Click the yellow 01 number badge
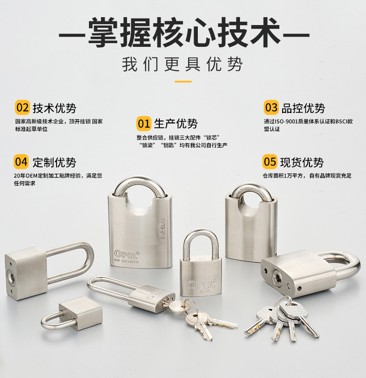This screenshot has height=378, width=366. coord(144,123)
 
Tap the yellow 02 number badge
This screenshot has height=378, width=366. coord(22,108)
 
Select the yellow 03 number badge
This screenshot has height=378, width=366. coord(271,108)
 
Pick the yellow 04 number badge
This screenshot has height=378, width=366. coord(21,162)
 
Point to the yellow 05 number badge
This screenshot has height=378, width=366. coord(270,162)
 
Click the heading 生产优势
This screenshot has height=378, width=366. coord(176,124)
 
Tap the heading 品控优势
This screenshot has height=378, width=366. coord(303,108)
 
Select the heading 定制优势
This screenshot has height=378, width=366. coord(54,162)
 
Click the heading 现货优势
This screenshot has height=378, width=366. coord(302,162)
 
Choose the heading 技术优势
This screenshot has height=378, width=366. coord(54,108)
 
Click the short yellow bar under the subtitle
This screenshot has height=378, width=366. coord(183,82)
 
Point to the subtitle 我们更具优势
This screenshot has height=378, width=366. coord(182,64)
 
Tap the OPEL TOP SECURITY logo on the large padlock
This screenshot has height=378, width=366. coord(126,257)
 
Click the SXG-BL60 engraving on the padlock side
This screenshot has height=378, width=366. coord(163,229)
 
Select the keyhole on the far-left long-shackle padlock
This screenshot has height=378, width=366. coord(10,275)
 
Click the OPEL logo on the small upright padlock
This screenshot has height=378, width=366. coord(202,285)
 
